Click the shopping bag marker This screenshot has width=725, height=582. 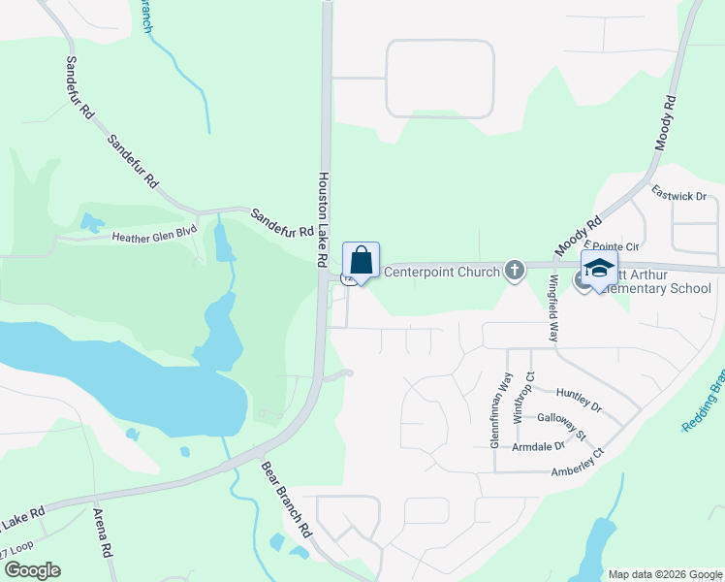[361, 261]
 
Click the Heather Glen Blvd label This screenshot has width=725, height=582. [154, 234]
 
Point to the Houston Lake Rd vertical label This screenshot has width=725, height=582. [322, 220]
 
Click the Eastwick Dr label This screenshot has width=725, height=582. [678, 196]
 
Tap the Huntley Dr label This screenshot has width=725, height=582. [579, 397]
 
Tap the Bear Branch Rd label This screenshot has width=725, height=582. [287, 500]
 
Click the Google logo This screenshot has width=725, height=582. [31, 570]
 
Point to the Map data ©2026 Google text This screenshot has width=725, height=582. [665, 574]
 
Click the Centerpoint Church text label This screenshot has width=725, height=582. [442, 272]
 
